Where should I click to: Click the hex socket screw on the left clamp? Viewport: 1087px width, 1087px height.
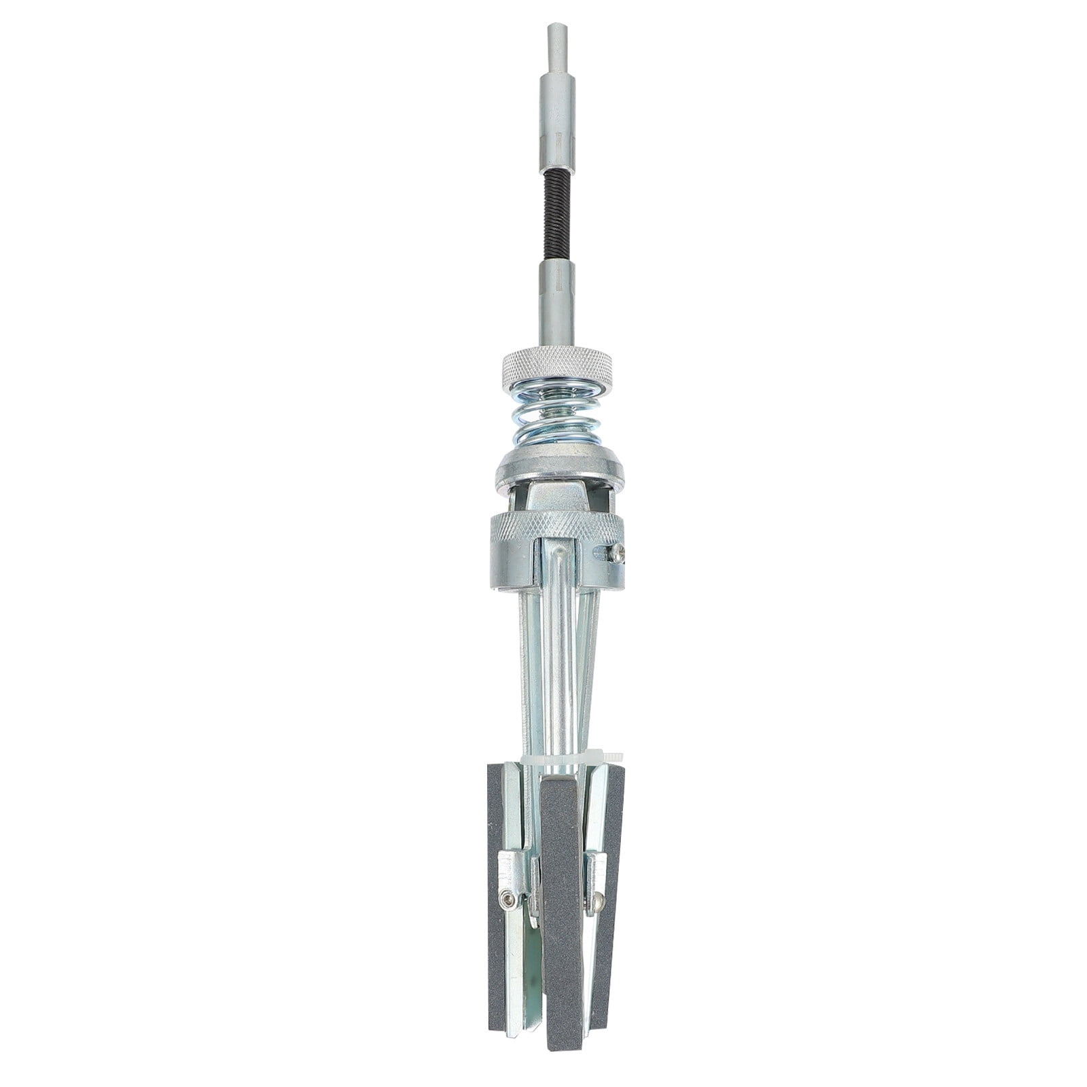pyautogui.click(x=507, y=900)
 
